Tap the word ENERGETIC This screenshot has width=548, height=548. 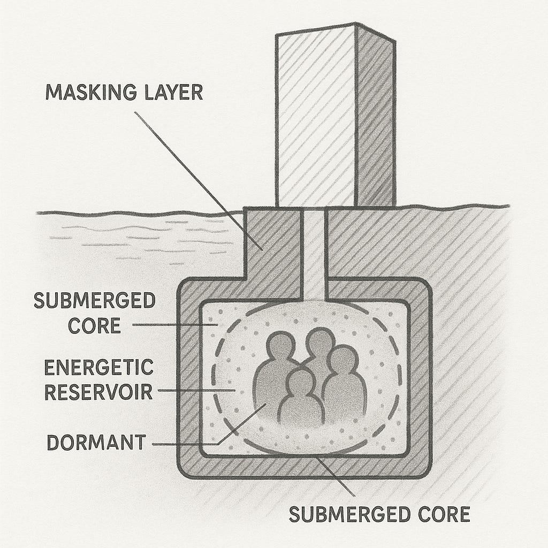(x=98, y=369)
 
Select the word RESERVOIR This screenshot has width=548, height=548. (x=98, y=392)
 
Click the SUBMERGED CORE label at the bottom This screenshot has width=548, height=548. (x=379, y=514)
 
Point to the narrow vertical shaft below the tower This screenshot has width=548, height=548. (x=313, y=252)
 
